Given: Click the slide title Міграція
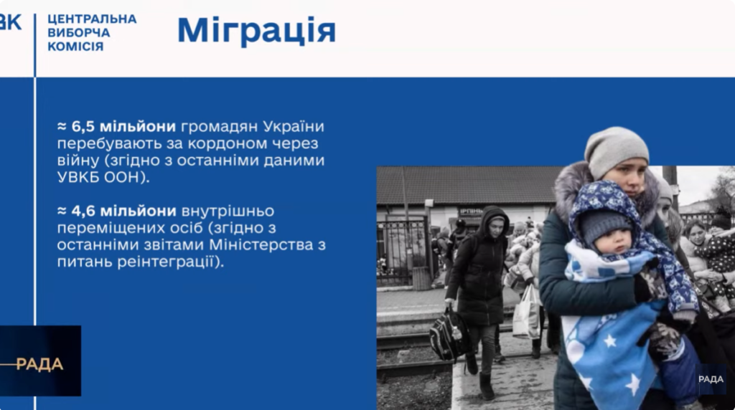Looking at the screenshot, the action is pyautogui.click(x=256, y=30).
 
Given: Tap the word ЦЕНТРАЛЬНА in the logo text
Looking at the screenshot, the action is pyautogui.click(x=92, y=19).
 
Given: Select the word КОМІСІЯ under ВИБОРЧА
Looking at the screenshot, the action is pyautogui.click(x=75, y=47).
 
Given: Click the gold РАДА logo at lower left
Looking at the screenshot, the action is pyautogui.click(x=39, y=364).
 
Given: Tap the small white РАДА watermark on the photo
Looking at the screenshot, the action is pyautogui.click(x=711, y=379).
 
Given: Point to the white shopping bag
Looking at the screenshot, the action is pyautogui.click(x=527, y=313).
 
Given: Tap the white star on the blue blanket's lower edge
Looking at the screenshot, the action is pyautogui.click(x=632, y=384).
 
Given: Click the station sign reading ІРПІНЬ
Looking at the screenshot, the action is pyautogui.click(x=471, y=211).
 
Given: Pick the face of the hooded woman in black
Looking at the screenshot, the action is pyautogui.click(x=496, y=227).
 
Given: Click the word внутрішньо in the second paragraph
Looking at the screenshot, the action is pyautogui.click(x=228, y=211).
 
